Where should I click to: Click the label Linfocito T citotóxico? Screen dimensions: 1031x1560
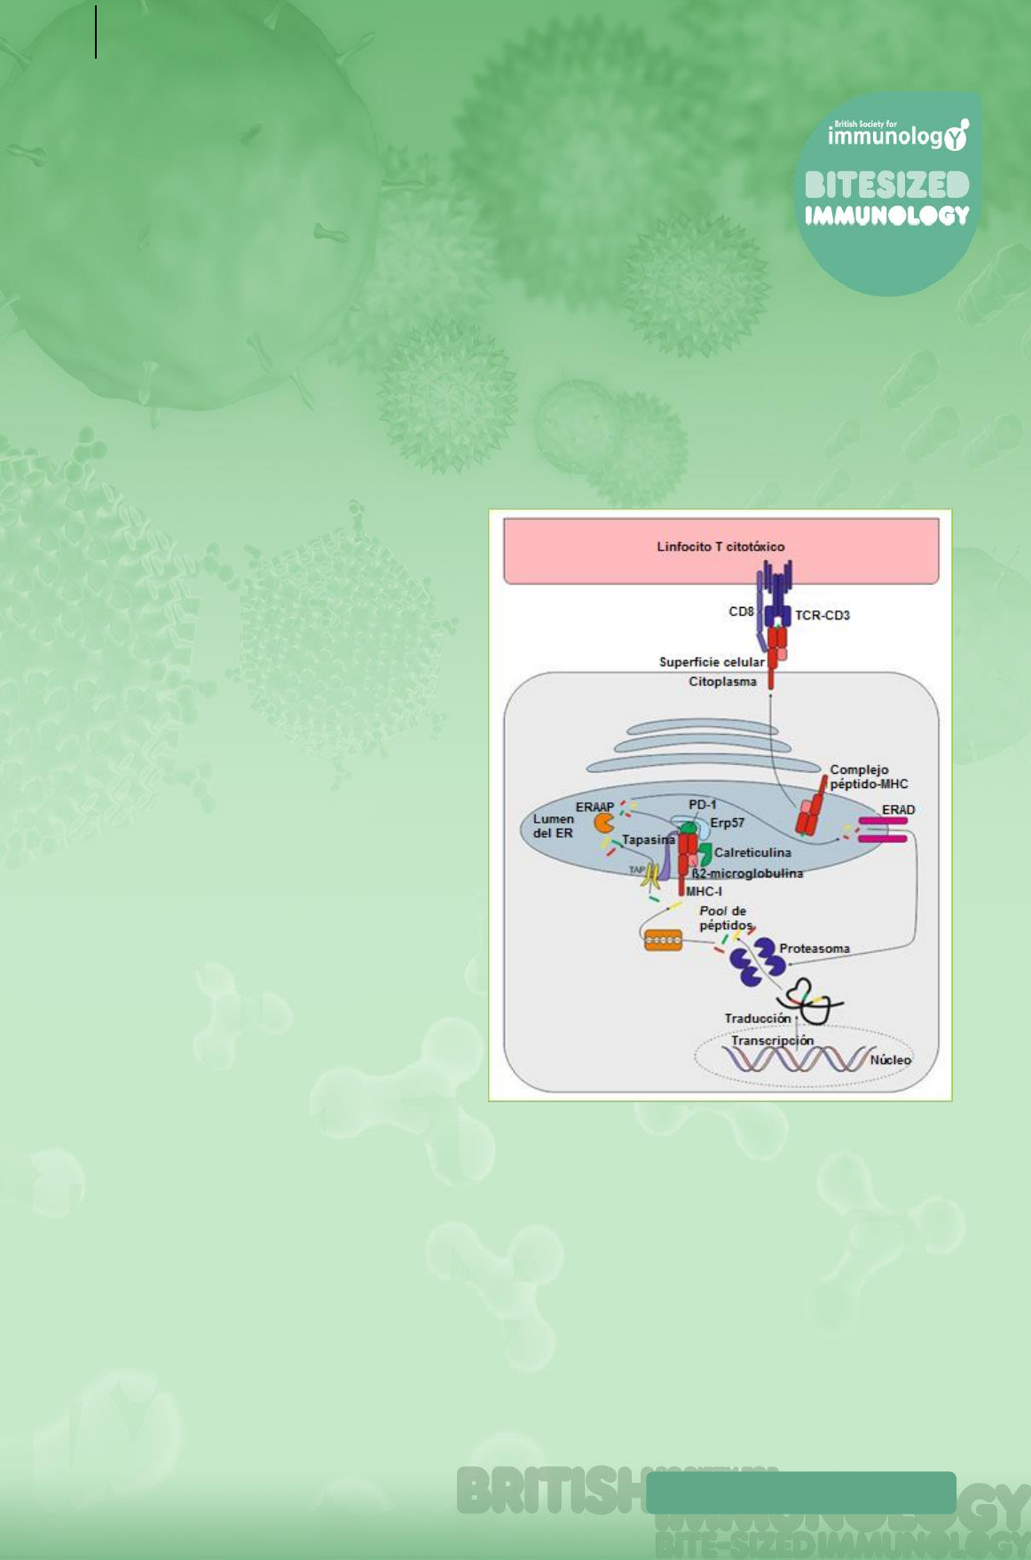(720, 547)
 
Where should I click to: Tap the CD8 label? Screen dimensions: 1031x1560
(741, 611)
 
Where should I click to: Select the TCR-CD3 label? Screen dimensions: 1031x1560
(822, 615)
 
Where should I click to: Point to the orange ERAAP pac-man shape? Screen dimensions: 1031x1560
(604, 823)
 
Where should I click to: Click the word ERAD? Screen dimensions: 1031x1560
(898, 809)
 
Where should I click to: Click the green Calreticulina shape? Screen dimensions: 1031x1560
(705, 854)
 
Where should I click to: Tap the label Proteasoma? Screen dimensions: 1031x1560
(815, 949)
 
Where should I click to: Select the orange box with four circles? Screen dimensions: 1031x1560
(664, 940)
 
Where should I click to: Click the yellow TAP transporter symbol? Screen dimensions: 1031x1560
(652, 878)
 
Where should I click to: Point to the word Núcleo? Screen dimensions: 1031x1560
(890, 1060)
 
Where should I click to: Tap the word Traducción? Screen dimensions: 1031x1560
(757, 1018)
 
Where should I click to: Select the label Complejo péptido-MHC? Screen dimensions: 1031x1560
(869, 776)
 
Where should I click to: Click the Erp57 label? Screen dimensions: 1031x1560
(727, 823)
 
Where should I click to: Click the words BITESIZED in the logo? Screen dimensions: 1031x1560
(886, 185)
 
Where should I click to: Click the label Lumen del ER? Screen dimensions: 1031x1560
(553, 826)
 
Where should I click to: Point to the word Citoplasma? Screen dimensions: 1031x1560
(722, 682)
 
